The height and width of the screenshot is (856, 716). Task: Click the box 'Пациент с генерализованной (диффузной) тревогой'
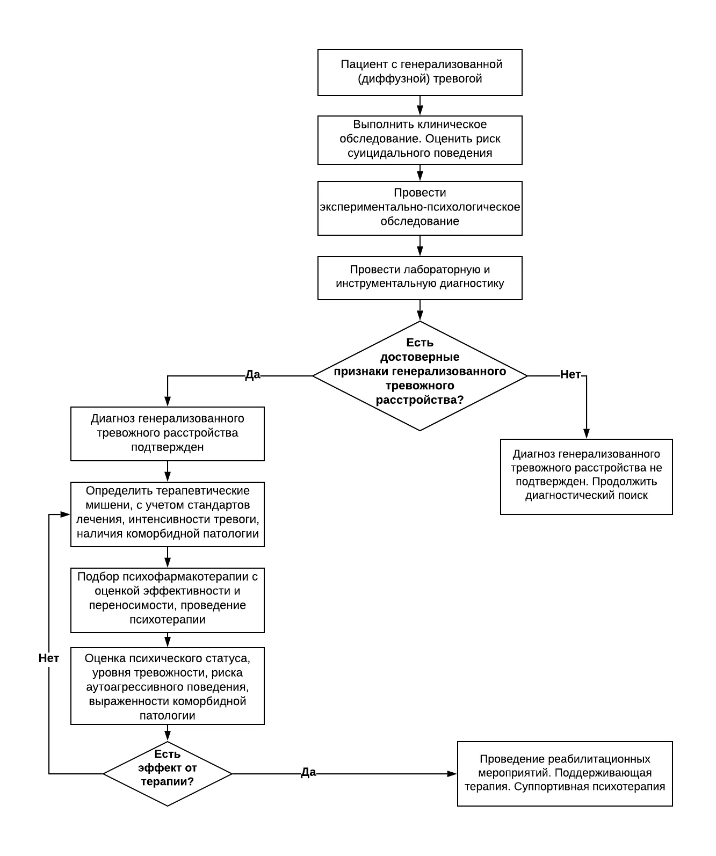pyautogui.click(x=420, y=72)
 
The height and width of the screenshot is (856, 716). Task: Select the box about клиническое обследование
pyautogui.click(x=420, y=140)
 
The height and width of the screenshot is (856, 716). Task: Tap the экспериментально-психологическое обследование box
pyautogui.click(x=420, y=208)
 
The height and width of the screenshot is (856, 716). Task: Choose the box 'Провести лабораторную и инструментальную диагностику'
pyautogui.click(x=420, y=278)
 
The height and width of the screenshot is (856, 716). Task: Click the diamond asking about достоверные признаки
pyautogui.click(x=420, y=375)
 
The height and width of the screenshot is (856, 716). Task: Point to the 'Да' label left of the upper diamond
pyautogui.click(x=252, y=375)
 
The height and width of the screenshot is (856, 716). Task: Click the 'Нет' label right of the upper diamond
pyautogui.click(x=570, y=374)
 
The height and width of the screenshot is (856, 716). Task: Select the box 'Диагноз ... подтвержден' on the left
pyautogui.click(x=167, y=434)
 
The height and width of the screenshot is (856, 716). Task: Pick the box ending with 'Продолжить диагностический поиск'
pyautogui.click(x=587, y=477)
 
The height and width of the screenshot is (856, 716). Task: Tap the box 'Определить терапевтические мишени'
pyautogui.click(x=167, y=514)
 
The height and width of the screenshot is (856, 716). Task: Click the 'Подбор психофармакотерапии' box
pyautogui.click(x=167, y=600)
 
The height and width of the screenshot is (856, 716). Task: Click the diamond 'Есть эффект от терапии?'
pyautogui.click(x=167, y=774)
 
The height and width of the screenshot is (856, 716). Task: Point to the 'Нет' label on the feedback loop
pyautogui.click(x=49, y=658)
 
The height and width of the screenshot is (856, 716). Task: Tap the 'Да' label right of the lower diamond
pyautogui.click(x=308, y=772)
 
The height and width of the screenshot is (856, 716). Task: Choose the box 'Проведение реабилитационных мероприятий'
pyautogui.click(x=565, y=774)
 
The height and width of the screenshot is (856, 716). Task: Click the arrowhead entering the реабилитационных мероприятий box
pyautogui.click(x=452, y=774)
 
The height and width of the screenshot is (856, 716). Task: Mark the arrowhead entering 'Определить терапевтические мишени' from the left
pyautogui.click(x=66, y=514)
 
